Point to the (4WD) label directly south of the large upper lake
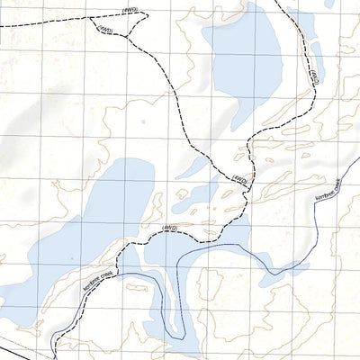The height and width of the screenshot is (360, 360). coord(238,178)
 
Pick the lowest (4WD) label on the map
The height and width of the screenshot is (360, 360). coord(167,230)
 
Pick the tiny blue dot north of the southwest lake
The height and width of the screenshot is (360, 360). coord(141,119)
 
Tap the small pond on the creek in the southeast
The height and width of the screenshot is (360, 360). coord(298,268)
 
